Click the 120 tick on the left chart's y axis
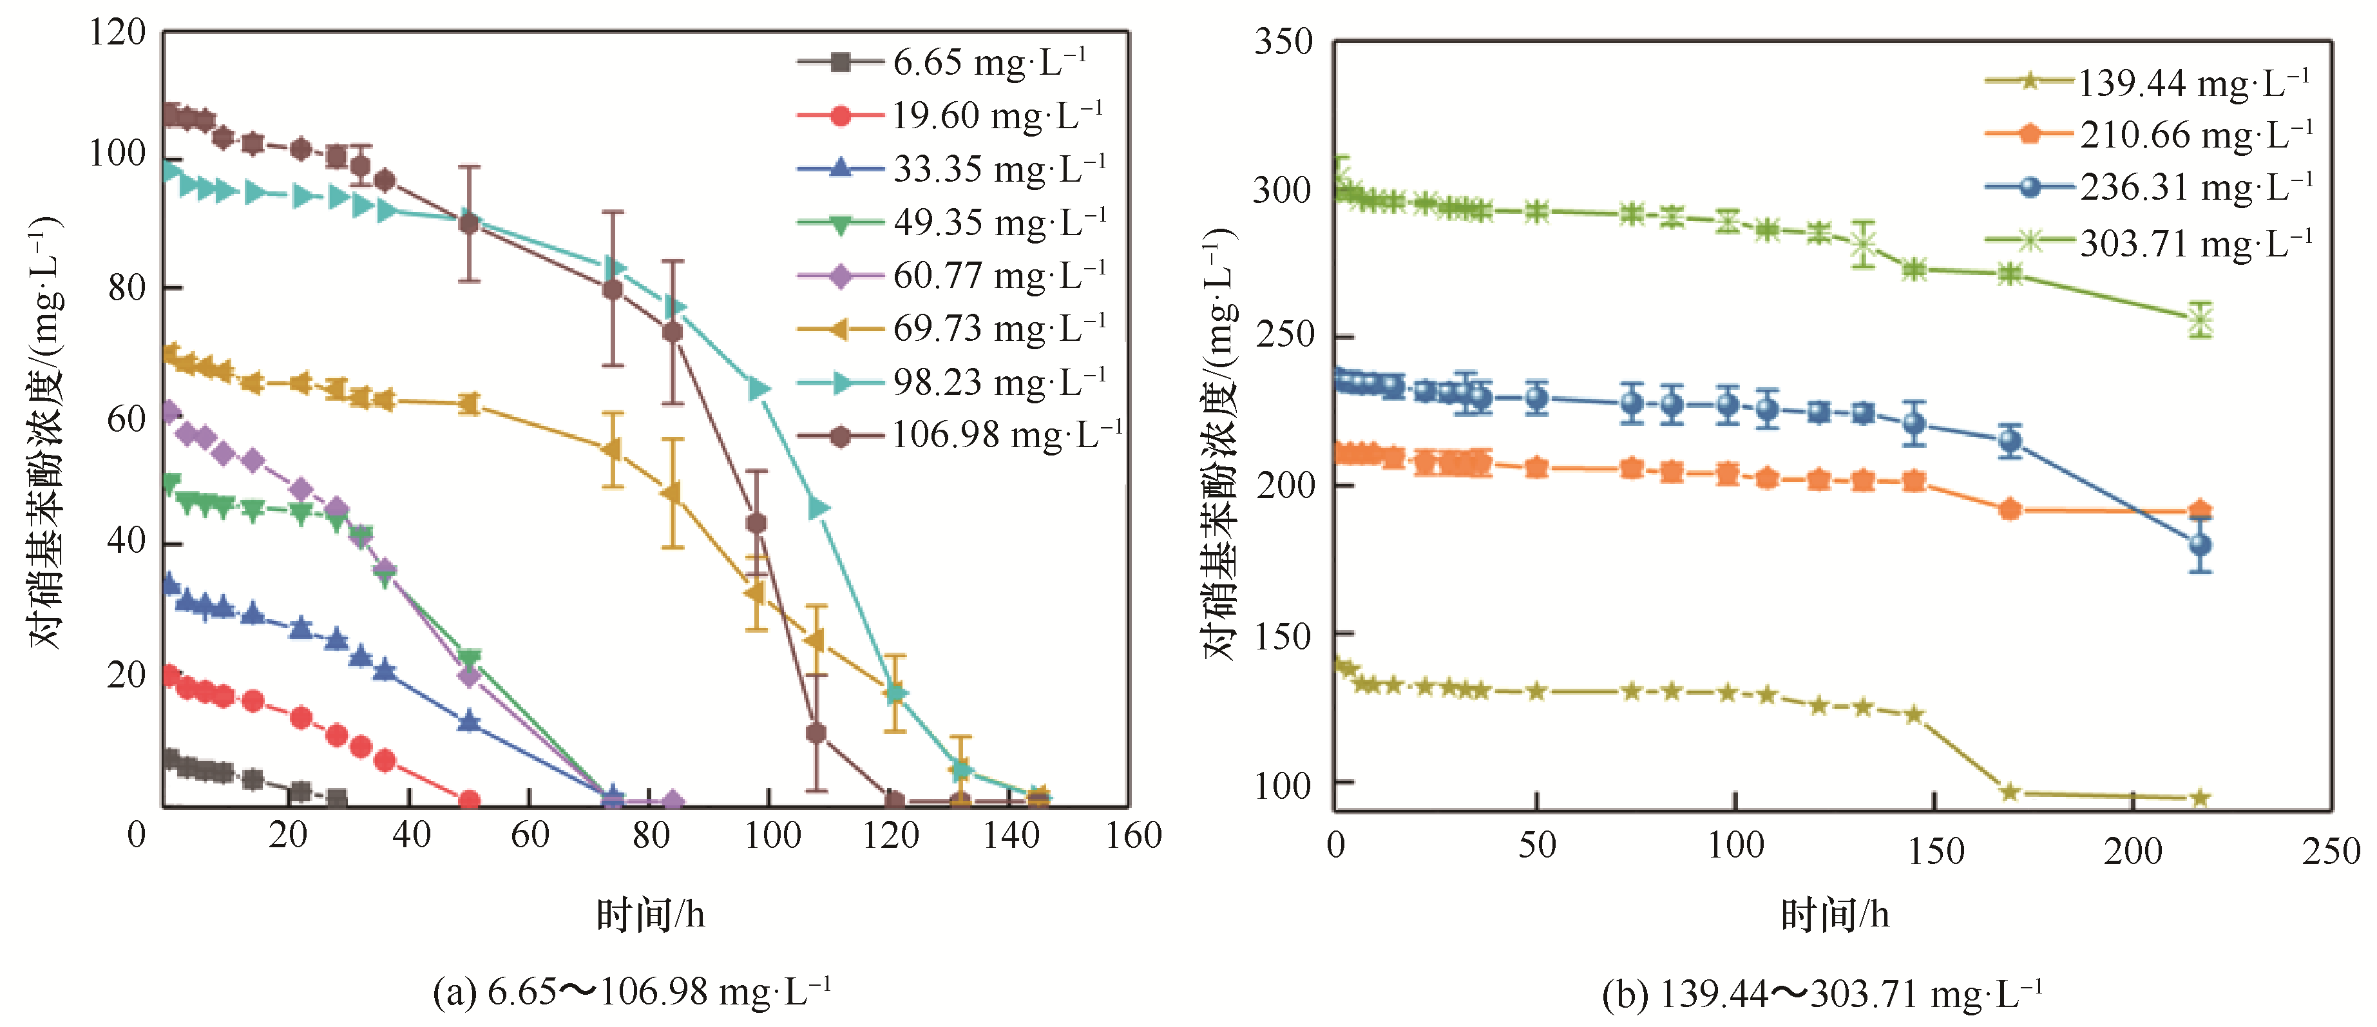pyautogui.click(x=117, y=34)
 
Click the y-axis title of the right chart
pyautogui.click(x=1220, y=443)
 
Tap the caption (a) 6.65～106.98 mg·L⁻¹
pyautogui.click(x=632, y=993)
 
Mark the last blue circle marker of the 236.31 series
pyautogui.click(x=2200, y=544)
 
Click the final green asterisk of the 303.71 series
pyautogui.click(x=2200, y=320)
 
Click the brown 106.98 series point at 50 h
pyautogui.click(x=469, y=224)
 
